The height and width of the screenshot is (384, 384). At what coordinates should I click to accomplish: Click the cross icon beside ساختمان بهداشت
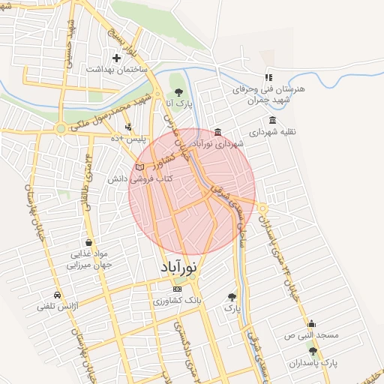pyautogui.click(x=116, y=58)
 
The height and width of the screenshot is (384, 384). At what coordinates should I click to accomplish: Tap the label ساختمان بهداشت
pyautogui.click(x=115, y=69)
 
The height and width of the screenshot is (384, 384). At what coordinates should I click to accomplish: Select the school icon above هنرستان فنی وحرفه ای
pyautogui.click(x=268, y=77)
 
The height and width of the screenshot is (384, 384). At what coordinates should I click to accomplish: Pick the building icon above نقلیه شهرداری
pyautogui.click(x=271, y=120)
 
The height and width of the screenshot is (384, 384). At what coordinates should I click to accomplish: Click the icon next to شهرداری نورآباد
pyautogui.click(x=217, y=133)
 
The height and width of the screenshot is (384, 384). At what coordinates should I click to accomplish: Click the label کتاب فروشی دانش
pyautogui.click(x=142, y=179)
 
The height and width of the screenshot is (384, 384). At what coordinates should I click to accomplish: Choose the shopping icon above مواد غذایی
pyautogui.click(x=89, y=242)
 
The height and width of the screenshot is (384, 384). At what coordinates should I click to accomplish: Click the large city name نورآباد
pyautogui.click(x=178, y=267)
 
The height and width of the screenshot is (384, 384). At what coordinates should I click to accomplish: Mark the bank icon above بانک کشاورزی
pyautogui.click(x=177, y=289)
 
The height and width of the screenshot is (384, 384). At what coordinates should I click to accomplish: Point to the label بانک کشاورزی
pyautogui.click(x=177, y=300)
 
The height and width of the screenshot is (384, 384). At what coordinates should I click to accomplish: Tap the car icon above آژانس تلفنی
pyautogui.click(x=58, y=295)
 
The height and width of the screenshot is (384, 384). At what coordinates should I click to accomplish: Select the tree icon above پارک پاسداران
pyautogui.click(x=313, y=351)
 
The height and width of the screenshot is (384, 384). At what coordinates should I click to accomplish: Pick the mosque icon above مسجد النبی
pyautogui.click(x=311, y=324)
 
